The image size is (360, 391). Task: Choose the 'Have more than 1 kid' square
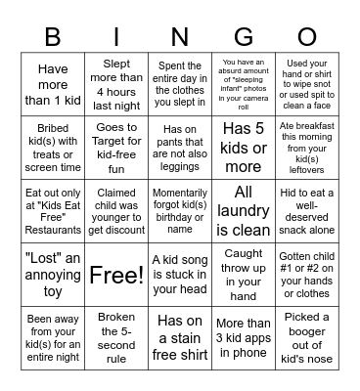[52, 84]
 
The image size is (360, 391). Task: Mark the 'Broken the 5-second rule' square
[115, 337]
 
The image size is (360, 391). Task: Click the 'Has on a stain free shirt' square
[180, 337]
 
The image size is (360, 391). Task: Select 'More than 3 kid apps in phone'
[244, 337]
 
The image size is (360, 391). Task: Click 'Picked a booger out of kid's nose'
[307, 337]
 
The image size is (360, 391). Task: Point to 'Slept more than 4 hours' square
[115, 84]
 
